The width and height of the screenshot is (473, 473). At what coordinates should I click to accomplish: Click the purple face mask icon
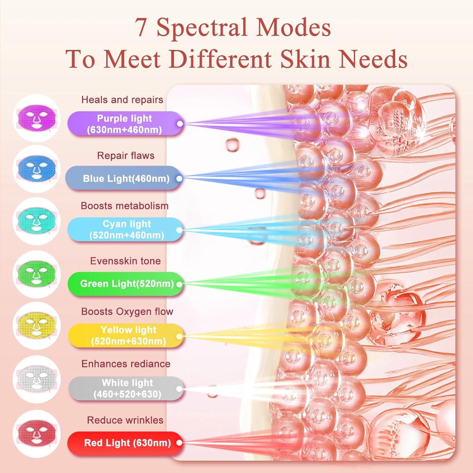(x=37, y=118)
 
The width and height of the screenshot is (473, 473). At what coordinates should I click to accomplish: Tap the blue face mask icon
(x=37, y=169)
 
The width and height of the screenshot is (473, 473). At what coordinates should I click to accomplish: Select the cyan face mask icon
(x=37, y=220)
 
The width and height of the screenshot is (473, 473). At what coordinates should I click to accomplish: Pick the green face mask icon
(x=37, y=274)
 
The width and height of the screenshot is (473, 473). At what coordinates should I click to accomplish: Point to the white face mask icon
(x=37, y=379)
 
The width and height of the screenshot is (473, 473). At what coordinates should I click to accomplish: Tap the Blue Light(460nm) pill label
(x=124, y=178)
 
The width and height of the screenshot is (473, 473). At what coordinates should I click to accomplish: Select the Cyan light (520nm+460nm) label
(x=125, y=229)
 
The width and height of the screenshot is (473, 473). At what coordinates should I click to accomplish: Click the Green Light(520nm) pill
(x=125, y=284)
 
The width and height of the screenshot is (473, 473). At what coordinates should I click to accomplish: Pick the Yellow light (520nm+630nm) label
(x=126, y=336)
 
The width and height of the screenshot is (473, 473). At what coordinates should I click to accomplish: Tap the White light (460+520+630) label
(x=126, y=388)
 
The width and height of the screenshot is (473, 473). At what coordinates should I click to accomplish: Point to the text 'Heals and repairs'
(x=122, y=100)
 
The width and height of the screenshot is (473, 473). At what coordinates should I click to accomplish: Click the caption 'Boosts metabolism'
(x=125, y=206)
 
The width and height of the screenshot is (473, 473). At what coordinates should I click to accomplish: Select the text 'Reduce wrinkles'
(x=125, y=420)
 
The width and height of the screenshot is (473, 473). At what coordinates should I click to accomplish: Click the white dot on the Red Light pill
(x=179, y=443)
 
